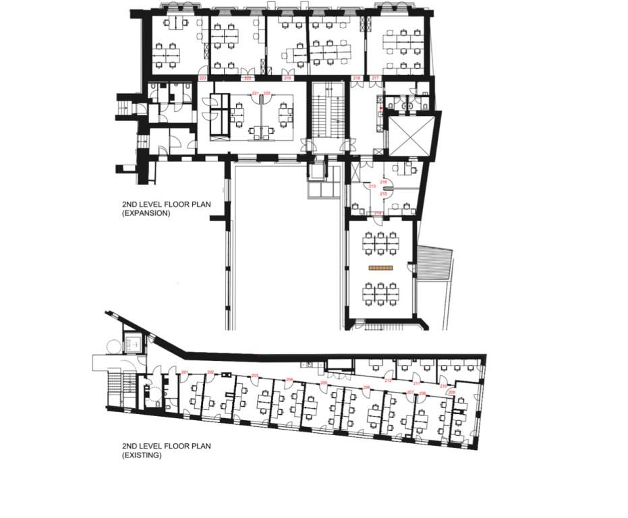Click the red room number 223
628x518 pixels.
(x=202, y=79)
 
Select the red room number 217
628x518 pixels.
(x=376, y=79)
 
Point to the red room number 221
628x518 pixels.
(x=256, y=93)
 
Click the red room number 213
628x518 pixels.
(x=372, y=186)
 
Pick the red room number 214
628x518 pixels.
(x=378, y=213)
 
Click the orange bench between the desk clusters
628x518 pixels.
(x=382, y=268)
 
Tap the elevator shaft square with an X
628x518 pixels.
(x=411, y=138)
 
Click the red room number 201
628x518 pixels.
(x=185, y=373)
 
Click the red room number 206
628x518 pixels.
(x=366, y=387)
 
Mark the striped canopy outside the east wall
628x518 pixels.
(x=434, y=266)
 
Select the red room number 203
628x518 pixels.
(x=254, y=376)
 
